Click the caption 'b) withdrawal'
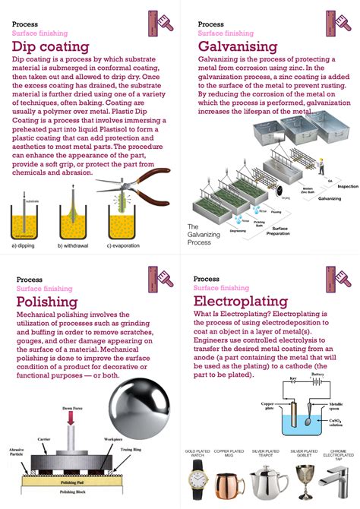coord(76,245)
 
